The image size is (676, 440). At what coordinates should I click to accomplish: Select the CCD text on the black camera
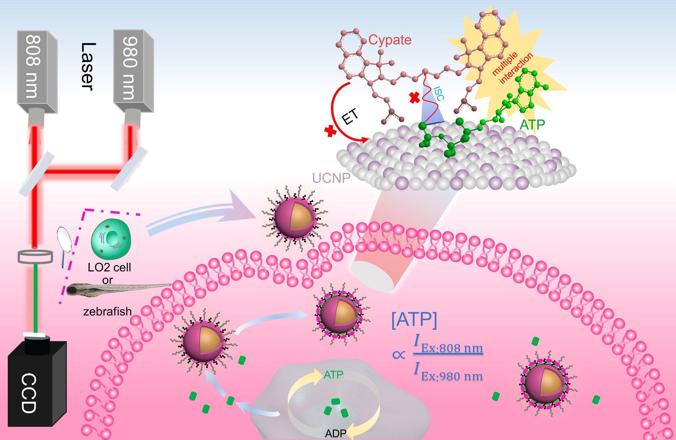pyautogui.click(x=29, y=393)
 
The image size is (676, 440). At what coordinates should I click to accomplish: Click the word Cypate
pyautogui.click(x=390, y=40)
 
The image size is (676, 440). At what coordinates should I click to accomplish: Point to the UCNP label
pyautogui.click(x=331, y=178)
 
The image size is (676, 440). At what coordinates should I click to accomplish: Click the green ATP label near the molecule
pyautogui.click(x=532, y=124)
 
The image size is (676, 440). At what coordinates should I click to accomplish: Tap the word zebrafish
pyautogui.click(x=107, y=312)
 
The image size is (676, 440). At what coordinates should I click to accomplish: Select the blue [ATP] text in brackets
pyautogui.click(x=414, y=320)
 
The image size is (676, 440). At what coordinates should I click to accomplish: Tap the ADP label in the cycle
pyautogui.click(x=336, y=434)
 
